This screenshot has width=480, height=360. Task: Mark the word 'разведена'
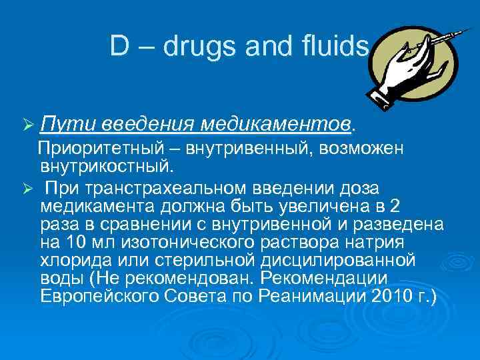click(x=393, y=222)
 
